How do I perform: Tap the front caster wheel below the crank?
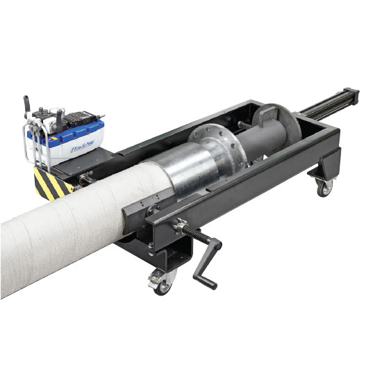click(162, 284)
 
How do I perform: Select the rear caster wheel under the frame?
click(322, 186)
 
